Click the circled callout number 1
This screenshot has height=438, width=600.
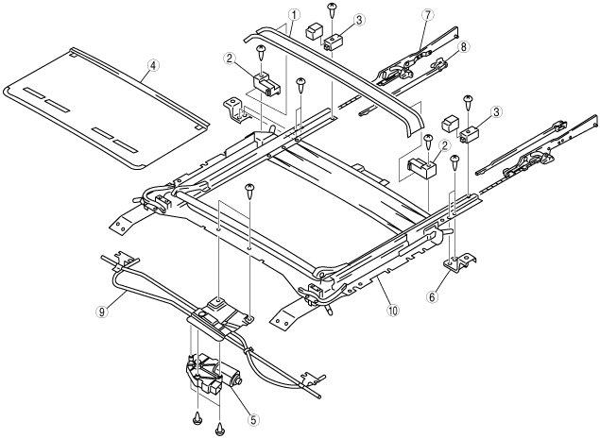[x=295, y=15]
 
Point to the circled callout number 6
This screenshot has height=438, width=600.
[x=434, y=296]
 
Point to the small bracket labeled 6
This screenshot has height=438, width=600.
[x=457, y=267]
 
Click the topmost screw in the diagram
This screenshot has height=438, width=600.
[x=334, y=9]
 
